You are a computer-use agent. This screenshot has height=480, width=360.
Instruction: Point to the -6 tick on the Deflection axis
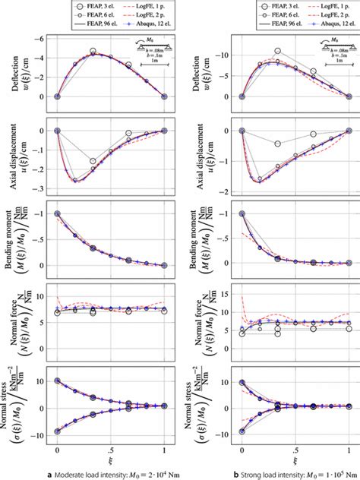point(43,35)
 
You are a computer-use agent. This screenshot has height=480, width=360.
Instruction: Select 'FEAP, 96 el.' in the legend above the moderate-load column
point(72,24)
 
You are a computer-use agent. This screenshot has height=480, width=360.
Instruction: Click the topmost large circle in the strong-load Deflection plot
point(278,51)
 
